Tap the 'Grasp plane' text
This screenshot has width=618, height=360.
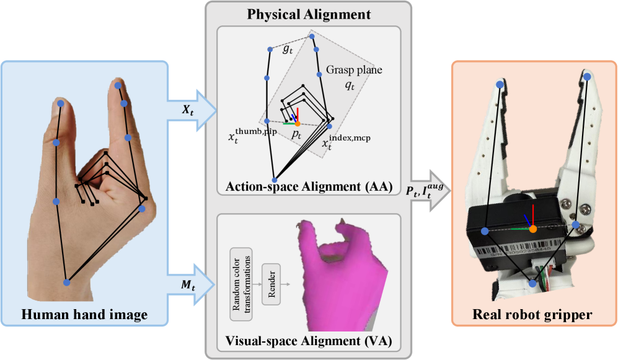point(354,70)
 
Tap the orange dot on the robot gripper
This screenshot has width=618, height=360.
point(532,229)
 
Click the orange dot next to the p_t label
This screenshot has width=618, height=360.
point(298,124)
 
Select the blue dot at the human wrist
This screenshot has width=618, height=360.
point(67,283)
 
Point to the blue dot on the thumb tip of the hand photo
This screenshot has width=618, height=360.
point(61,104)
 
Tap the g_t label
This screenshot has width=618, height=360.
point(287,50)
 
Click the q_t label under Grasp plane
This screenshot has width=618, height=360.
point(350,87)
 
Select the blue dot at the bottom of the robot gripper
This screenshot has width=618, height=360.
point(532,283)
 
